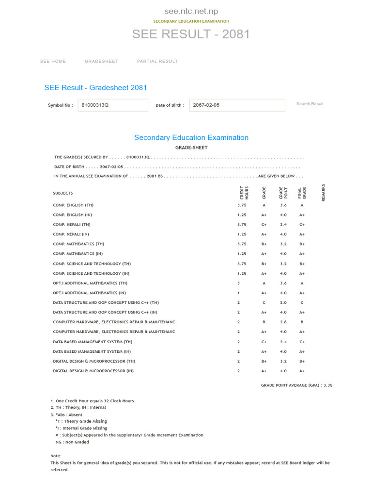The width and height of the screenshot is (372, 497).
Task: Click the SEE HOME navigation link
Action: [53, 61]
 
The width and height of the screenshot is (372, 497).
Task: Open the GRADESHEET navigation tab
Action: [101, 61]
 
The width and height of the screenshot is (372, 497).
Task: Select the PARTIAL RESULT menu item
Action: [157, 61]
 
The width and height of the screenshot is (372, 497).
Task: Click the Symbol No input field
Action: [113, 105]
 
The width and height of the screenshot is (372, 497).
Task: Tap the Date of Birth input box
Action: [237, 105]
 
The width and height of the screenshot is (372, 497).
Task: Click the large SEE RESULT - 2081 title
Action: [191, 34]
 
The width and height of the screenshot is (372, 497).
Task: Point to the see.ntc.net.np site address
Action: [191, 11]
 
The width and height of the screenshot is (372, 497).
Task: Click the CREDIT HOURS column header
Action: [244, 193]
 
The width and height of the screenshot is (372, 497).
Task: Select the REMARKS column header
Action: [324, 193]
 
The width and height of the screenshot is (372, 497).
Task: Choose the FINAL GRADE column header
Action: [302, 193]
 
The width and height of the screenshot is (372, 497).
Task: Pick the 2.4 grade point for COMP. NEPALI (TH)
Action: [283, 225]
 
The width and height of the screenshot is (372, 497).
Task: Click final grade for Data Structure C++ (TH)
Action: [302, 303]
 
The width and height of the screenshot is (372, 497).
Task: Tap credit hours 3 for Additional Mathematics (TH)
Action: [238, 283]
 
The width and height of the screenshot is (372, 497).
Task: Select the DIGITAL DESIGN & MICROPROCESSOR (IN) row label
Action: [93, 371]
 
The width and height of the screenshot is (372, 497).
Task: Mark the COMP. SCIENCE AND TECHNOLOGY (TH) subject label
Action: [92, 264]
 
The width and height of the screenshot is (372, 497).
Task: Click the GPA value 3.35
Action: [327, 385]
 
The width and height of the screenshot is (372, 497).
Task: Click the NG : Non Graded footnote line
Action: [72, 442]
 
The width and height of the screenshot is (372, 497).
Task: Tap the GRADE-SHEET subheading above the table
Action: [191, 148]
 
